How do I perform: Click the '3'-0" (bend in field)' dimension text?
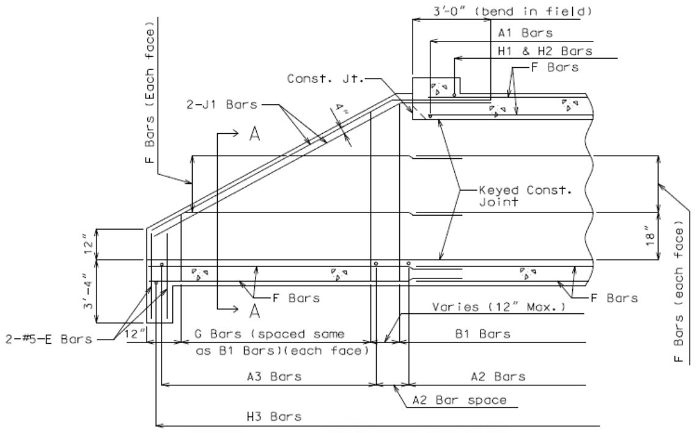512,11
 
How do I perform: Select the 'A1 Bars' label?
525,33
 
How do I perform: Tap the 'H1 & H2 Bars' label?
545,51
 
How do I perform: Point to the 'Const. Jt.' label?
325,79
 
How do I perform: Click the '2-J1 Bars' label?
222,104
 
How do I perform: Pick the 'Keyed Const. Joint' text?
525,196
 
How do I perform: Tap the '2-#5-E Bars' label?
49,340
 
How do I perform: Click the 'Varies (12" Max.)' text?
499,307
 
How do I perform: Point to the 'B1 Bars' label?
483,334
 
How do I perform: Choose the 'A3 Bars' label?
275,377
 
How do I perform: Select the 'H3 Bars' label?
275,417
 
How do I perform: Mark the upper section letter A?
254,133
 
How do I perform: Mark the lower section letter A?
254,311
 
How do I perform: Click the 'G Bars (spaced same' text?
270,334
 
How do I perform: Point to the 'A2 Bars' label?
498,377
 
